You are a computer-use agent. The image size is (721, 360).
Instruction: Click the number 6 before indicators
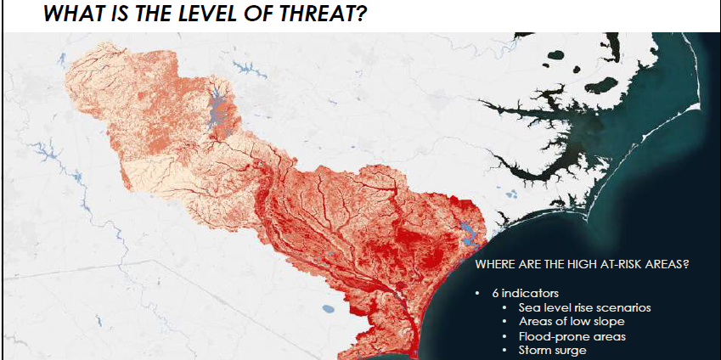coord(494,293)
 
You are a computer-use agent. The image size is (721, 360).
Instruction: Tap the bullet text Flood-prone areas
coord(572,336)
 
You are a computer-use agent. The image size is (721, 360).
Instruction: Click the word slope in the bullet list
coord(608,322)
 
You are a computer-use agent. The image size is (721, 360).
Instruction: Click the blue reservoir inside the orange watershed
coord(216,106)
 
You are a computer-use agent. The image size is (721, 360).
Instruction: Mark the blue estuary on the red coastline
coord(466,232)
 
